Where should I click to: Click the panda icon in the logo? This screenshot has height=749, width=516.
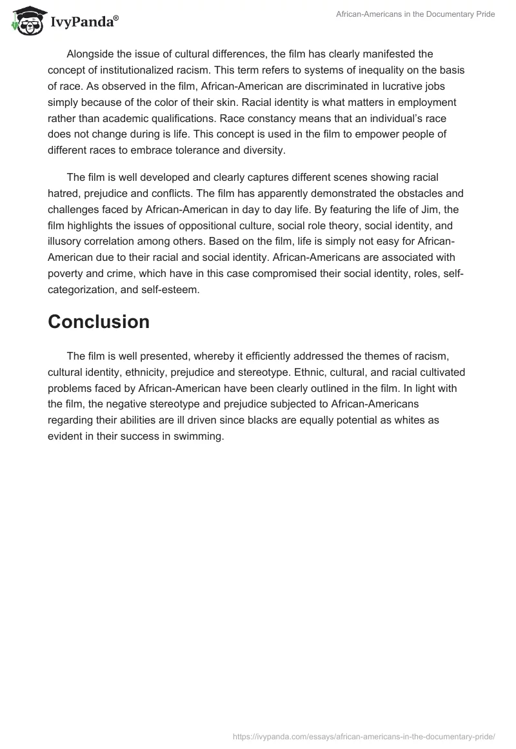25,22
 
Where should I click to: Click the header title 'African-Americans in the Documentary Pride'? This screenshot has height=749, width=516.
416,14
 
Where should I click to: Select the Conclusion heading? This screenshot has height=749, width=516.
99,322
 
